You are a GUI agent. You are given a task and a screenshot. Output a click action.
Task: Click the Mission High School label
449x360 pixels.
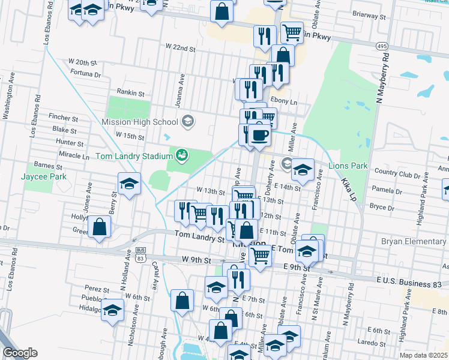pyautogui.click(x=145, y=122)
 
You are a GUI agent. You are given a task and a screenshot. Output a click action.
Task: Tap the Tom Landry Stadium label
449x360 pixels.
pyautogui.click(x=134, y=156)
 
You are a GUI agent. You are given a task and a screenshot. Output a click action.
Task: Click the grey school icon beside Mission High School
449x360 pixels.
pyautogui.click(x=188, y=122)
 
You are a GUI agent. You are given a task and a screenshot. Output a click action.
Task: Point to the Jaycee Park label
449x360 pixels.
pyautogui.click(x=43, y=176)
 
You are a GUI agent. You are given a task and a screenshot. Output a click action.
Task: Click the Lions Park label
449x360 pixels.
pyautogui.click(x=348, y=165)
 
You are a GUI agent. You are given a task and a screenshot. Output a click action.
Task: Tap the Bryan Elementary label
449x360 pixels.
pyautogui.click(x=414, y=241)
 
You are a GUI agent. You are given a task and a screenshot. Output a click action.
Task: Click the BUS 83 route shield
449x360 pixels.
pyautogui.click(x=140, y=255)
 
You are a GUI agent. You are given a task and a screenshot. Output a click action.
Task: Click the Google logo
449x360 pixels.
pyautogui.click(x=20, y=353)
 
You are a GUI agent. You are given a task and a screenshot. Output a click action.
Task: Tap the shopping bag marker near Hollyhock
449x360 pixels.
pyautogui.click(x=100, y=227)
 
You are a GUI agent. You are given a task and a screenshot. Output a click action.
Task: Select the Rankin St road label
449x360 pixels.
pyautogui.click(x=131, y=93)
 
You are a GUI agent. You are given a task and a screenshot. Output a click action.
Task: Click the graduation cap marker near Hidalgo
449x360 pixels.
pyautogui.click(x=112, y=311)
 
